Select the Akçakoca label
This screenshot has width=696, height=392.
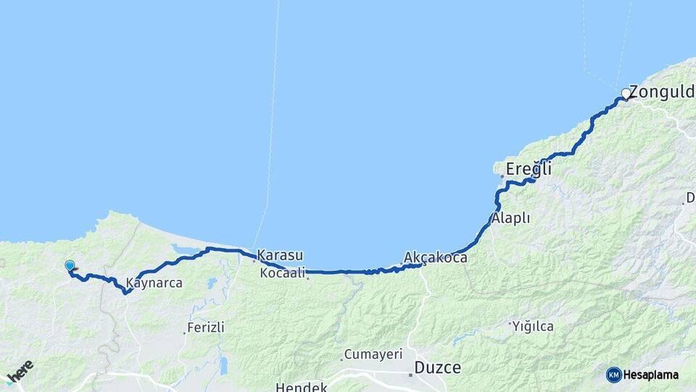click(436, 258)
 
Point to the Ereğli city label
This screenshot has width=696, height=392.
click(529, 169)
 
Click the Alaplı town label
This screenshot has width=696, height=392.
click(511, 218)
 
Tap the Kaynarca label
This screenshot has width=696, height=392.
click(154, 282)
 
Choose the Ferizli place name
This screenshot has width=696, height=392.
click(207, 327)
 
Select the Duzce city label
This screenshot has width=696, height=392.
click(437, 367)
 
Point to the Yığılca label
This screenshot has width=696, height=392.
click(534, 326)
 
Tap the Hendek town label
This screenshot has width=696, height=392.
click(301, 387)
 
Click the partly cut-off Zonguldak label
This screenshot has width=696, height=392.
click(662, 92)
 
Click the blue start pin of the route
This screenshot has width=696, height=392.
click(70, 266)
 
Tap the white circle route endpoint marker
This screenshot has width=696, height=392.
click(625, 94)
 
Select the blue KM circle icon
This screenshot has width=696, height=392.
click(613, 375)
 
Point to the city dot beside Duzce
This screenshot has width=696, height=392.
click(410, 375)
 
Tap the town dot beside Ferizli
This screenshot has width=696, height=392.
click(183, 333)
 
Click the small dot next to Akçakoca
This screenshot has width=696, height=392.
click(401, 264)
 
